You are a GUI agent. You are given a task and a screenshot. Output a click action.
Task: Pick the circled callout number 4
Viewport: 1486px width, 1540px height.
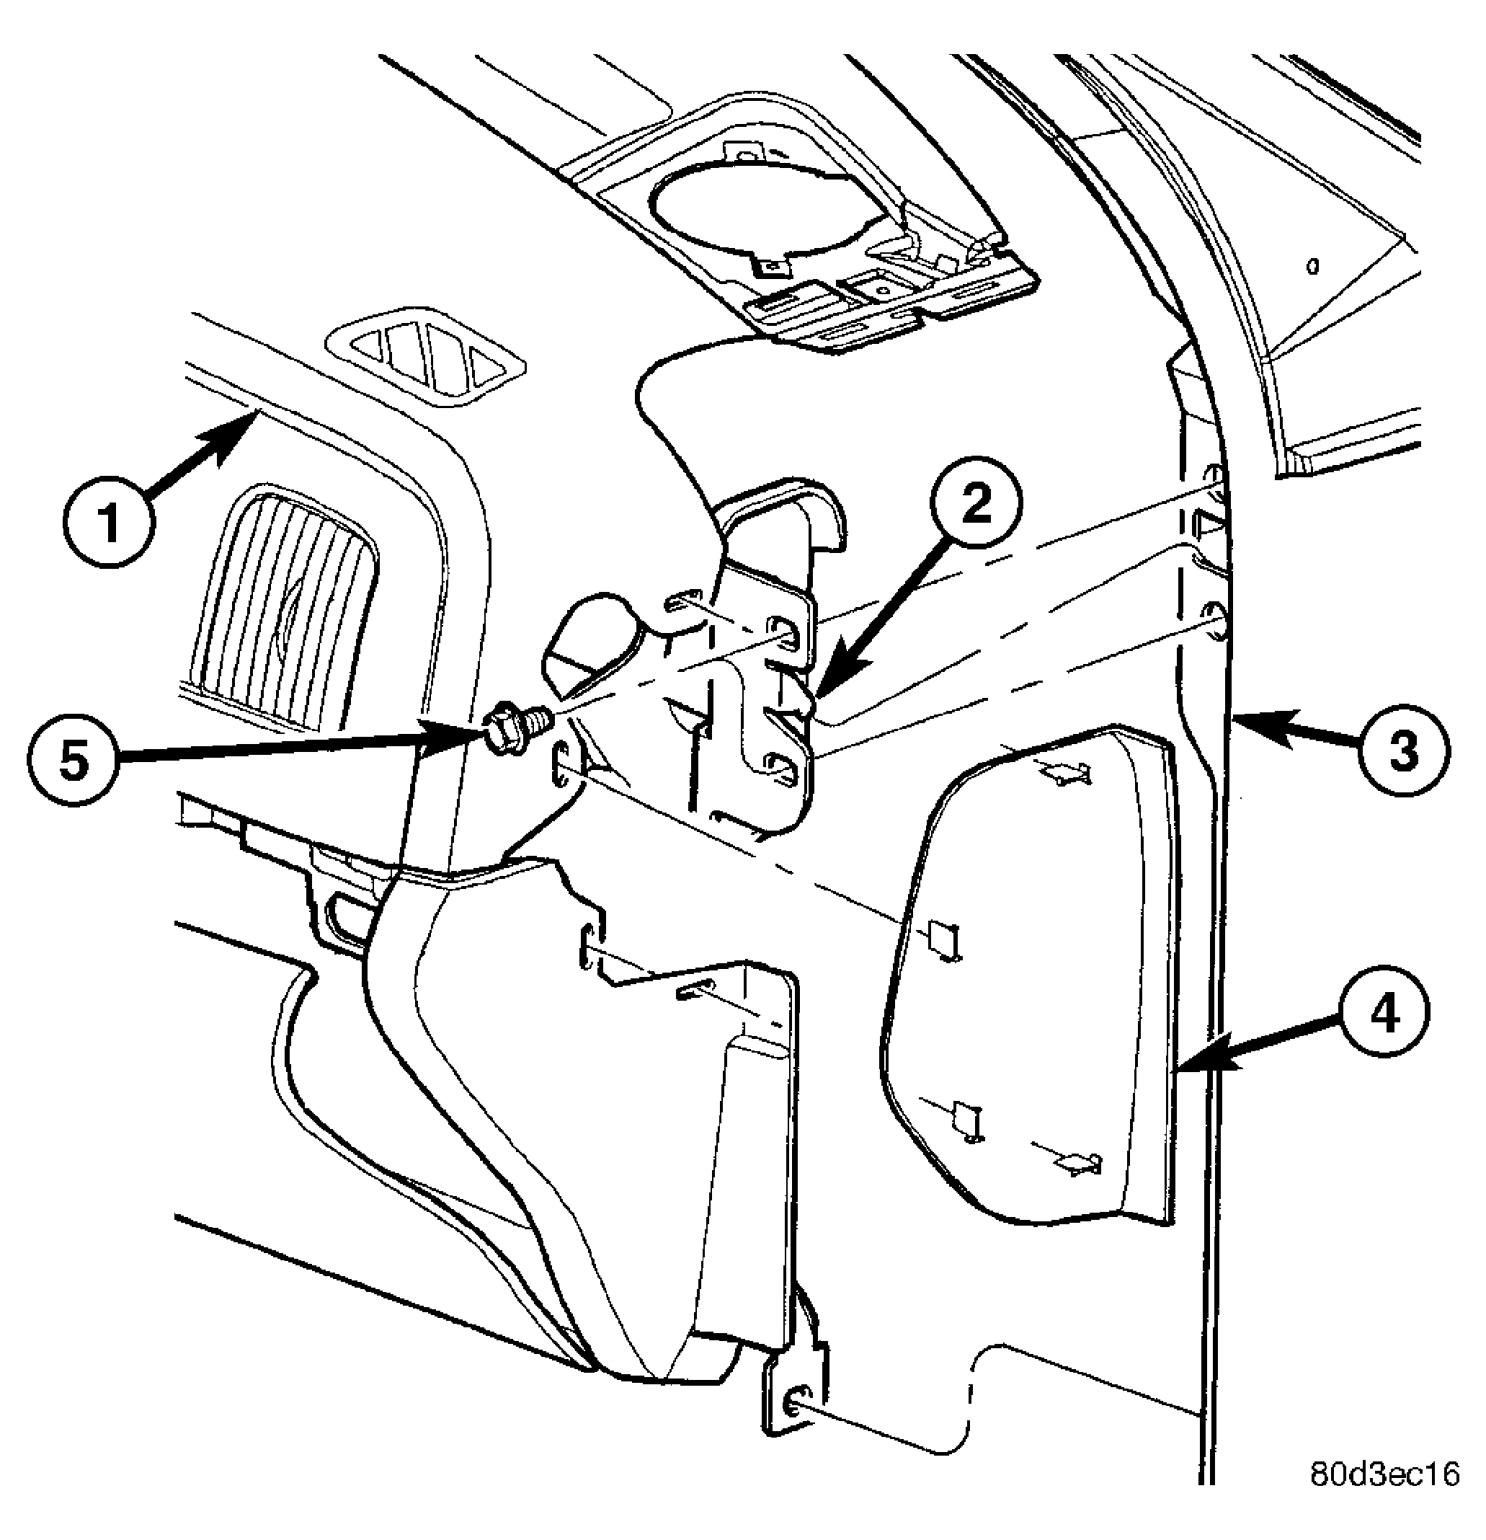[1383, 1016]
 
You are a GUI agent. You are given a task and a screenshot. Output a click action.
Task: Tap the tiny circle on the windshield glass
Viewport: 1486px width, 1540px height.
[1312, 268]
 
